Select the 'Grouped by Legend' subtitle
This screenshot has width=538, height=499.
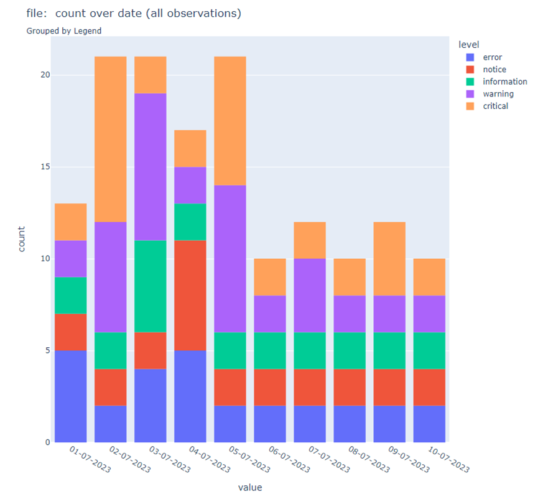coord(64,30)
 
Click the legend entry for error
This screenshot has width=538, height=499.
coord(492,57)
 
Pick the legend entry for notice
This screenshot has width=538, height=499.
coord(494,70)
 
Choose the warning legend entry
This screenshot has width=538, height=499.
coord(498,94)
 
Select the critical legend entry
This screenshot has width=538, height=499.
coord(495,106)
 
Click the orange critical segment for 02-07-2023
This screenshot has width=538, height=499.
coord(111,139)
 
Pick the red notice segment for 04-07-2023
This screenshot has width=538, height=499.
coord(190,295)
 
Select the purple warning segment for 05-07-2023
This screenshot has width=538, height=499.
coord(230,258)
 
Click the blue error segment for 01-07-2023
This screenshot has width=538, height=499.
coord(71,396)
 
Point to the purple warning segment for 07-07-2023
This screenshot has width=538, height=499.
coord(310,295)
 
